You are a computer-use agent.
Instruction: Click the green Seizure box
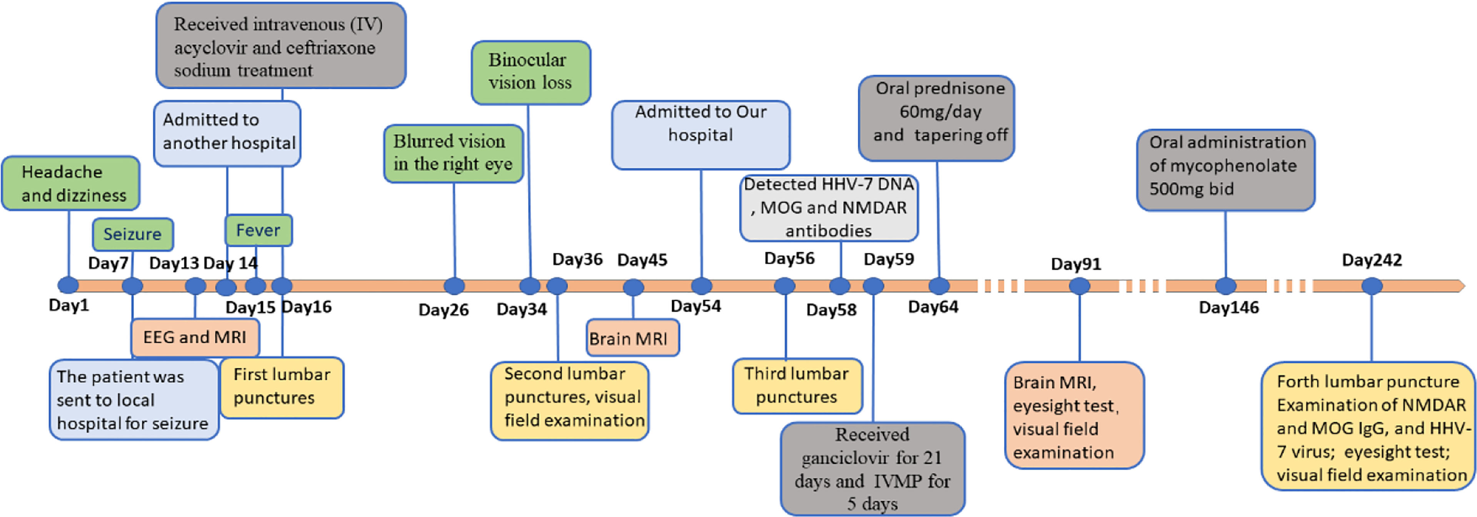coord(132,234)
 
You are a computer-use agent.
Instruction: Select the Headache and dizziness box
coord(70,183)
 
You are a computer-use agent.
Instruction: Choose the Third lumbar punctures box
coord(797,385)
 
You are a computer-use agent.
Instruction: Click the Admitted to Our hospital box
coord(701,134)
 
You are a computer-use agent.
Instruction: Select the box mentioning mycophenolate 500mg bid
coord(1225,170)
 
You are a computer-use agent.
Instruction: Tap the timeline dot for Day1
coord(68,285)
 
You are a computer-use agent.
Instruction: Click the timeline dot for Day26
coord(454,285)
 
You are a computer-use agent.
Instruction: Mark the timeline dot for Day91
coord(1079,285)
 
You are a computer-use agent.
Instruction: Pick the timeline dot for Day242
coord(1372,285)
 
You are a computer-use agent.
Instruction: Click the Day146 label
coord(1229,308)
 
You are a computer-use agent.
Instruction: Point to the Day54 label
coord(696,306)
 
